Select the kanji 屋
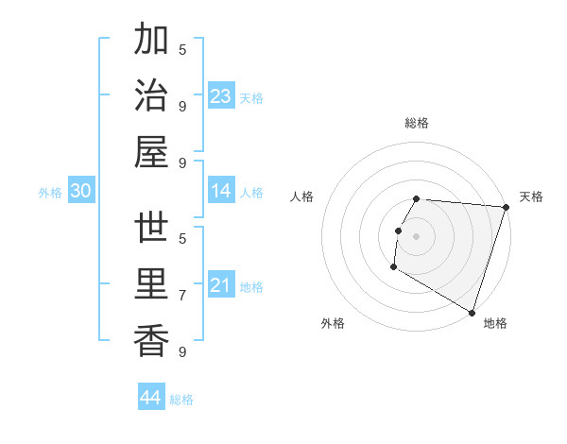click(151, 151)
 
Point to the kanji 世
click(151, 229)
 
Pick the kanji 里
click(151, 284)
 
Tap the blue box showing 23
click(221, 96)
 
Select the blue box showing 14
click(221, 192)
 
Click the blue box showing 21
click(221, 286)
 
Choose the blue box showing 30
click(81, 192)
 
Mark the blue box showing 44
click(151, 398)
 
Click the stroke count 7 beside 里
click(182, 295)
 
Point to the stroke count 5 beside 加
click(182, 49)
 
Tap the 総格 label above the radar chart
click(417, 123)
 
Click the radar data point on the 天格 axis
click(506, 208)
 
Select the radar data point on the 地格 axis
click(472, 311)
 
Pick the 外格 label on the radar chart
click(333, 323)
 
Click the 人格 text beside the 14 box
click(251, 193)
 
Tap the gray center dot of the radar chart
click(417, 236)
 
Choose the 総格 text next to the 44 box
click(181, 400)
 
